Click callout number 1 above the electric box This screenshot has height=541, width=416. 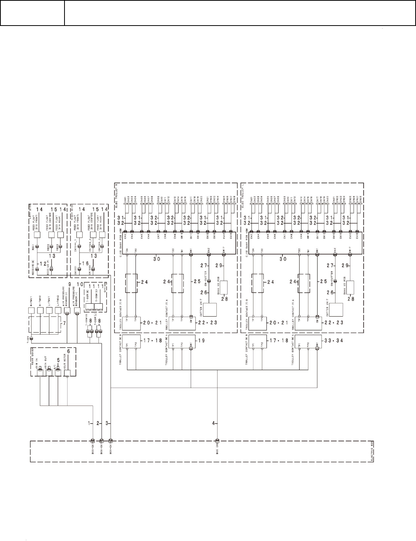click(90, 423)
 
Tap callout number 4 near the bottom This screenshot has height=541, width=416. click(213, 423)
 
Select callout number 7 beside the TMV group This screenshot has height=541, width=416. click(64, 323)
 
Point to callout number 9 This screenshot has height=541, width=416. click(69, 284)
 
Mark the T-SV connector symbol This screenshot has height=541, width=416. click(32, 338)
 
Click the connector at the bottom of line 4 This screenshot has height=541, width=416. click(217, 440)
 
